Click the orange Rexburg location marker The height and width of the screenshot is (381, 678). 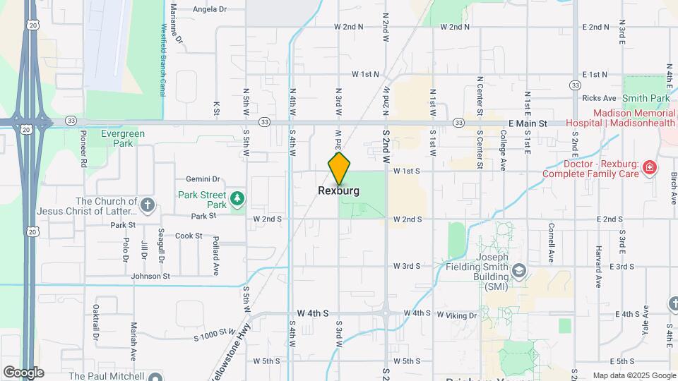point(339,168)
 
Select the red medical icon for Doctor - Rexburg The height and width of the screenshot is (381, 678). point(650,168)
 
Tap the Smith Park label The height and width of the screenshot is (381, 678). point(646,99)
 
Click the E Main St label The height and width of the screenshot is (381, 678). point(528,123)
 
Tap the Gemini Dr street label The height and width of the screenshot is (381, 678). point(203,179)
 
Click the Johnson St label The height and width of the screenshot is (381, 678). point(150,276)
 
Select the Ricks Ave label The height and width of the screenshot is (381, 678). point(600,98)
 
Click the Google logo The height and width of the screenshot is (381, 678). point(23,373)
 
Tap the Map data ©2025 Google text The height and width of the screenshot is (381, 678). point(634,375)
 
